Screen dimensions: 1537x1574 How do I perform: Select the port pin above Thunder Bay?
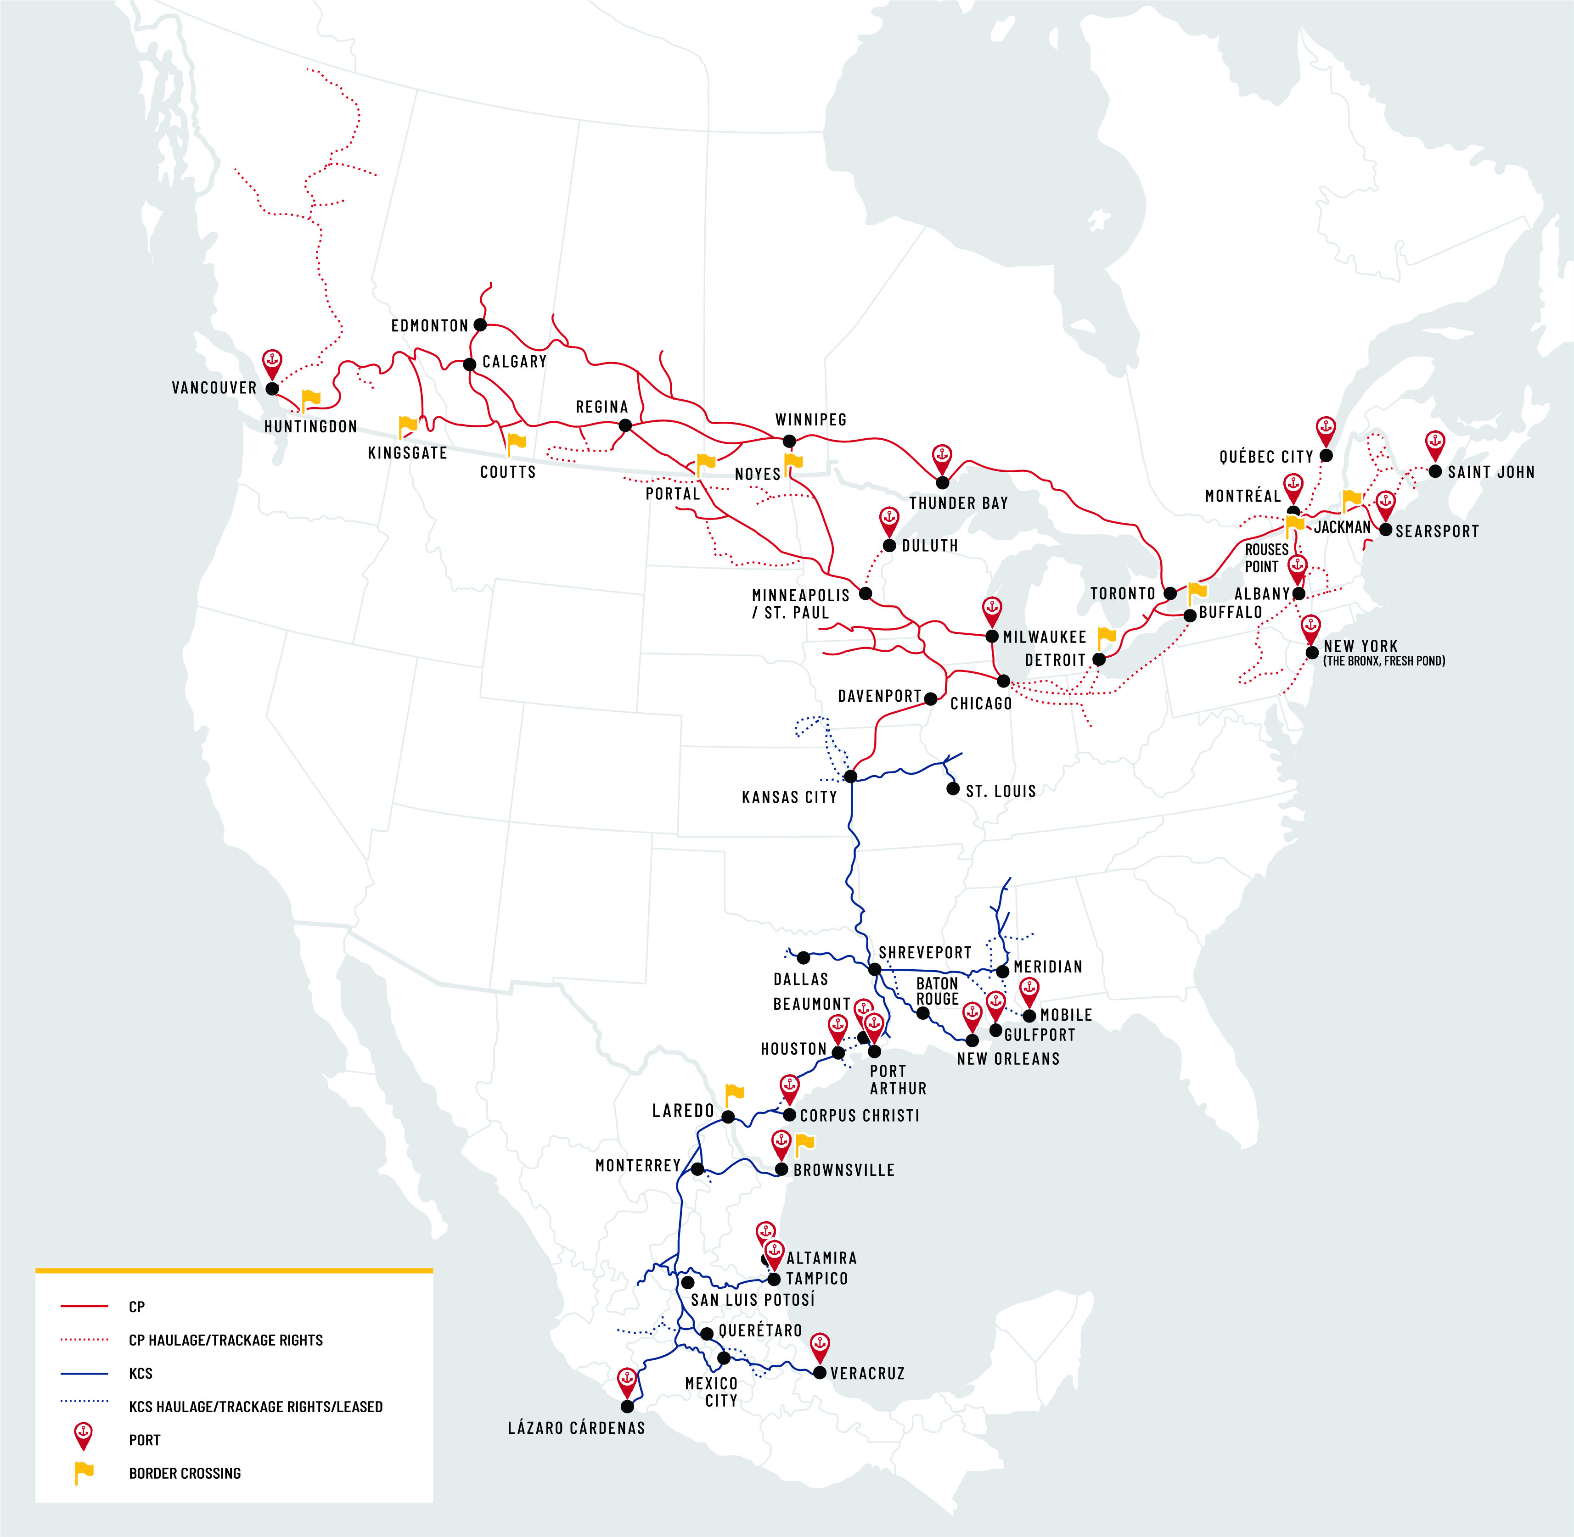(x=942, y=458)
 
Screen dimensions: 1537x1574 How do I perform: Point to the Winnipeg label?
(x=811, y=420)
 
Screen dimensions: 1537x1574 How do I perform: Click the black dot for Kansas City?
(x=850, y=777)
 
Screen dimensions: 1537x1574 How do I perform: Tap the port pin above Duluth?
(x=888, y=521)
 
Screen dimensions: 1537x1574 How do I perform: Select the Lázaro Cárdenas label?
(x=576, y=1428)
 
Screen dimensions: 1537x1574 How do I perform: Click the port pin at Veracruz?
(x=820, y=1346)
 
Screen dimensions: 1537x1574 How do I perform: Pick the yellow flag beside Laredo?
(x=734, y=1095)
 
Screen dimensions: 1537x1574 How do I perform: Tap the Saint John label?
(x=1491, y=472)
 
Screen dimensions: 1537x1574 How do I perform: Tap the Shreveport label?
(x=925, y=953)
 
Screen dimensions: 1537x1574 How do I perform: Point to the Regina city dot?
(x=625, y=425)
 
